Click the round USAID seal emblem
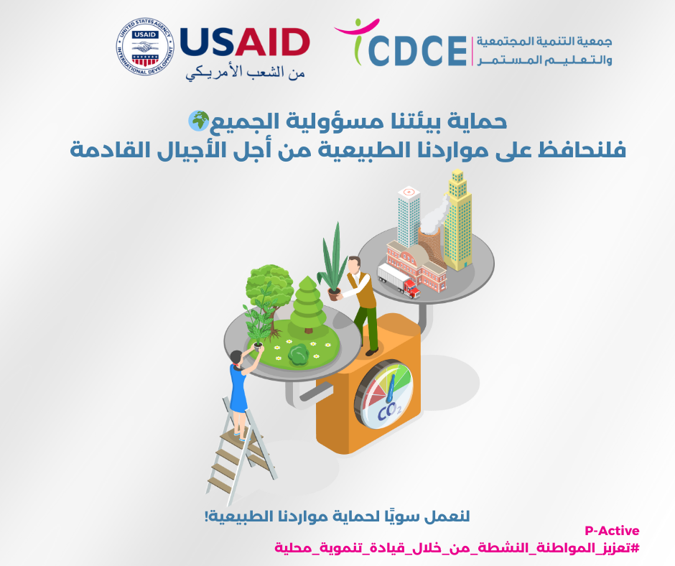click(x=145, y=47)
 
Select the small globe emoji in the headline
click(x=198, y=121)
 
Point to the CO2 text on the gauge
click(x=389, y=412)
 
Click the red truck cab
click(x=412, y=289)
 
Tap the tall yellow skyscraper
click(x=457, y=220)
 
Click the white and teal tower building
click(x=409, y=218)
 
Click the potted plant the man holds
click(x=333, y=262)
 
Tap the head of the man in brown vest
click(x=354, y=264)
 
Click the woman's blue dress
click(x=238, y=389)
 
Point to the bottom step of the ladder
click(x=220, y=483)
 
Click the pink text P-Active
click(x=612, y=530)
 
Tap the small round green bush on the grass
click(x=298, y=355)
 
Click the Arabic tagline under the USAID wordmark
click(x=246, y=73)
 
